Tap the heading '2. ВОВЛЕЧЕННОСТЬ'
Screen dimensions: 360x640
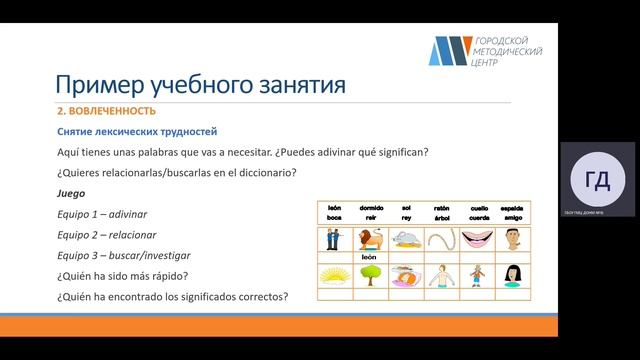click(x=105, y=111)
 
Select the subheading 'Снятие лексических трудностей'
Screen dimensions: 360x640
click(x=136, y=132)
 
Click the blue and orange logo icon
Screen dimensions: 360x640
click(x=449, y=50)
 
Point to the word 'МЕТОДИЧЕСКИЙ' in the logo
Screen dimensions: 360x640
click(x=507, y=50)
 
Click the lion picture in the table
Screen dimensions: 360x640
click(x=367, y=239)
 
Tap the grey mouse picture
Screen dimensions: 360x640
click(x=404, y=239)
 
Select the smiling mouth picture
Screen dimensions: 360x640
click(x=475, y=239)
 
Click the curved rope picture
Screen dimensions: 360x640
click(x=439, y=239)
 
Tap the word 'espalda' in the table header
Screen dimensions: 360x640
click(x=511, y=208)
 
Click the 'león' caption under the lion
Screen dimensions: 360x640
click(x=367, y=256)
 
